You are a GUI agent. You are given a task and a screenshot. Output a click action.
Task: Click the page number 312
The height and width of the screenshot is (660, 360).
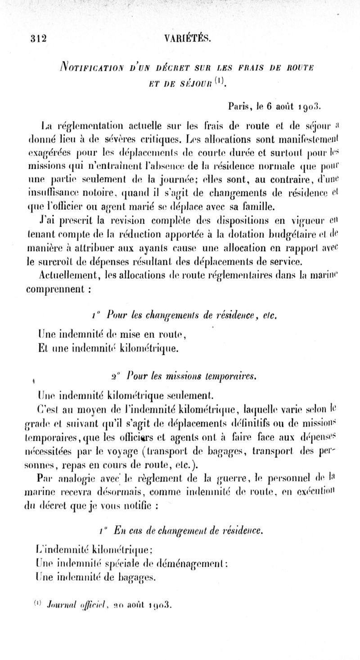click(x=39, y=38)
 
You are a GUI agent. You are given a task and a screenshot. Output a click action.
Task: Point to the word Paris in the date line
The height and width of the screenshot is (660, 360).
click(x=241, y=107)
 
